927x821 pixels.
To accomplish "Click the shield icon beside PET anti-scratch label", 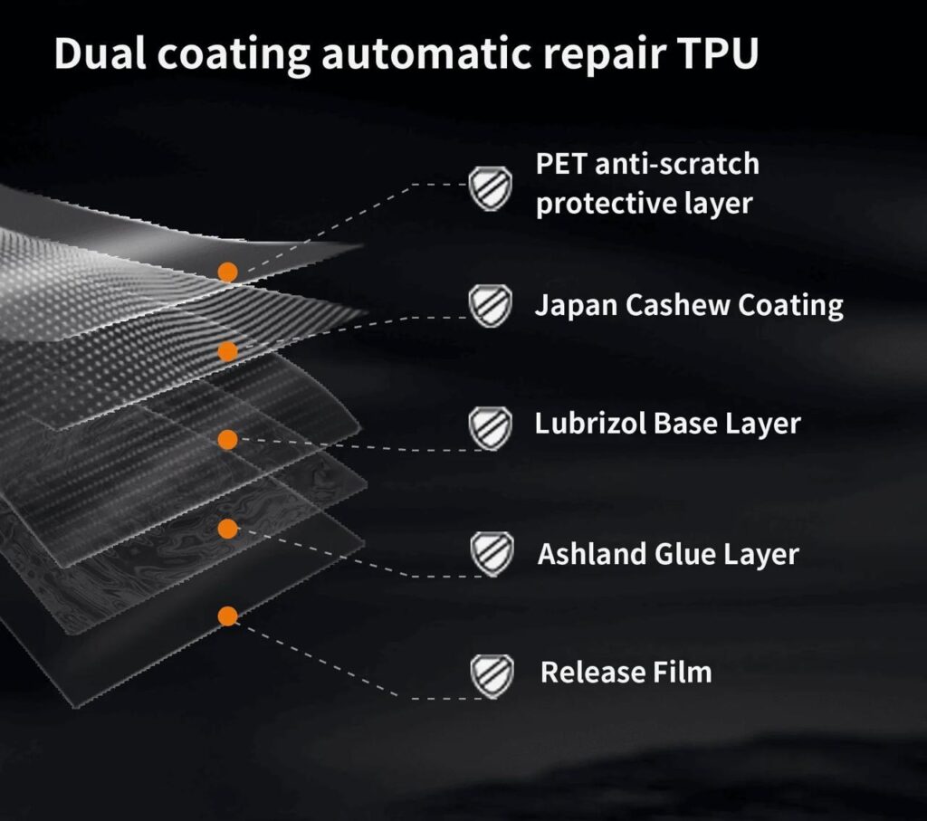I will pyautogui.click(x=491, y=188).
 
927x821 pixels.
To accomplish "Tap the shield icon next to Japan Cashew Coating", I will pyautogui.click(x=491, y=306).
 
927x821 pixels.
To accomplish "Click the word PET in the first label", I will pyautogui.click(x=557, y=164).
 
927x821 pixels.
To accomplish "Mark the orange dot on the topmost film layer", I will pyautogui.click(x=228, y=271).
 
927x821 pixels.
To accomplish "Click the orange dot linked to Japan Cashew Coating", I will pyautogui.click(x=228, y=351).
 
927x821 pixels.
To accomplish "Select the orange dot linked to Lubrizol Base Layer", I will pyautogui.click(x=228, y=440).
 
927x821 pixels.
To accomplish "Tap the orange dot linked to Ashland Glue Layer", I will pyautogui.click(x=228, y=529).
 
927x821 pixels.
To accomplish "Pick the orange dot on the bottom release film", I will pyautogui.click(x=228, y=616).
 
